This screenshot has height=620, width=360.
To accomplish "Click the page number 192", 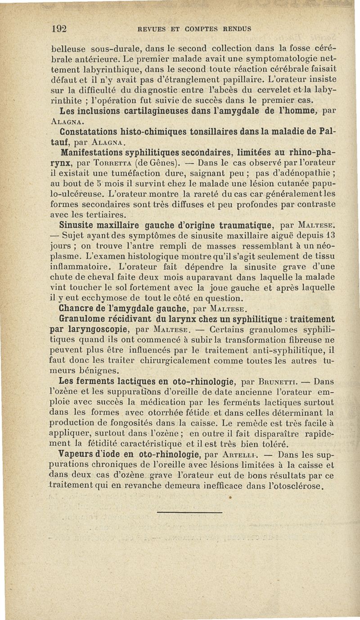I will pos(59,28).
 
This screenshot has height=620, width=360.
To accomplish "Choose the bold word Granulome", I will pos(83,319).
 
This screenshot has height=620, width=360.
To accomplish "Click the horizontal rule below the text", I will pos(189,512).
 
